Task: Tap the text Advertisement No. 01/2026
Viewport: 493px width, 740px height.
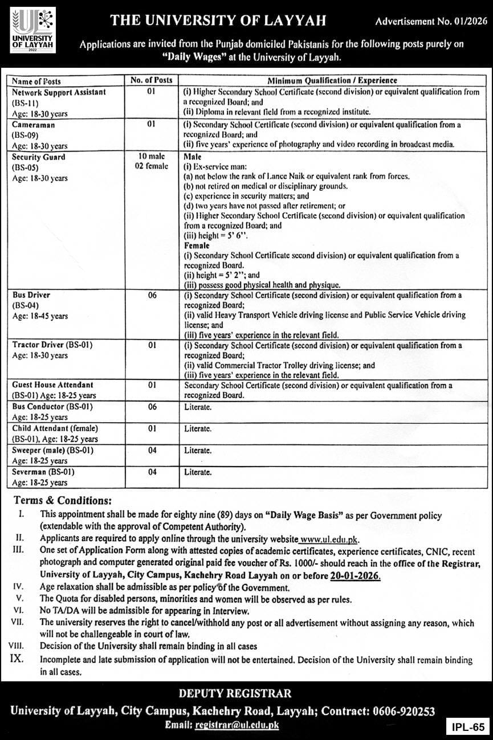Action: pyautogui.click(x=430, y=22)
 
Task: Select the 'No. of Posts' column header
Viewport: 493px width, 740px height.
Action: pyautogui.click(x=151, y=81)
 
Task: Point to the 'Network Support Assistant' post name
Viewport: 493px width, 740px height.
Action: pyautogui.click(x=59, y=92)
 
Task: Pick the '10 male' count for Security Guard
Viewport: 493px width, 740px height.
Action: pyautogui.click(x=151, y=157)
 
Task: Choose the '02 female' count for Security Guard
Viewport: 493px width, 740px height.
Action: pyautogui.click(x=151, y=166)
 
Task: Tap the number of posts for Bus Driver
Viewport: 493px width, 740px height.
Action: pyautogui.click(x=151, y=296)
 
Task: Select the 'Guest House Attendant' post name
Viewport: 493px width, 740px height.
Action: pyautogui.click(x=52, y=385)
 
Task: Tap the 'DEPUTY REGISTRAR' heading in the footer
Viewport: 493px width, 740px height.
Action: pyautogui.click(x=235, y=694)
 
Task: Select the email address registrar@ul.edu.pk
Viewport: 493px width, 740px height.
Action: pyautogui.click(x=237, y=725)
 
